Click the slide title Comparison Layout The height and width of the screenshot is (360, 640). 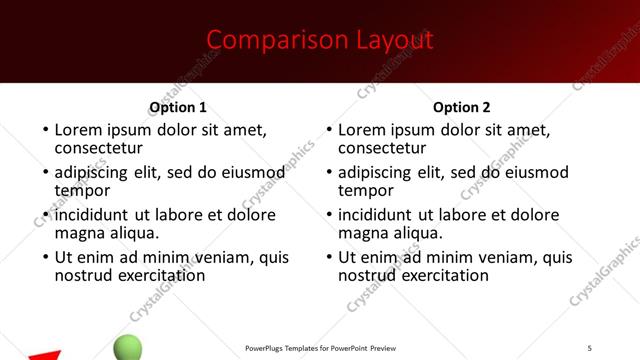[320, 40]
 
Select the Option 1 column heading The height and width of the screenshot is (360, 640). [178, 107]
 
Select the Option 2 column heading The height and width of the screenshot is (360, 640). [462, 107]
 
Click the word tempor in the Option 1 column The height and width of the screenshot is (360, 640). [82, 190]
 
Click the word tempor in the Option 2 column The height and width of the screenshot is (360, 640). [366, 190]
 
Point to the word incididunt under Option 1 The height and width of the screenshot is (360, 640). [92, 215]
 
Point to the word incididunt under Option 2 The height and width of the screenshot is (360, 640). [376, 215]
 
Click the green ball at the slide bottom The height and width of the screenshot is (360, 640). [128, 348]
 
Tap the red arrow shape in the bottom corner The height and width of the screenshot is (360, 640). [44, 355]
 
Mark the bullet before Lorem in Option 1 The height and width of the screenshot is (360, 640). [43, 130]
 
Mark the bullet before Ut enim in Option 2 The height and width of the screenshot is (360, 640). [327, 257]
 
